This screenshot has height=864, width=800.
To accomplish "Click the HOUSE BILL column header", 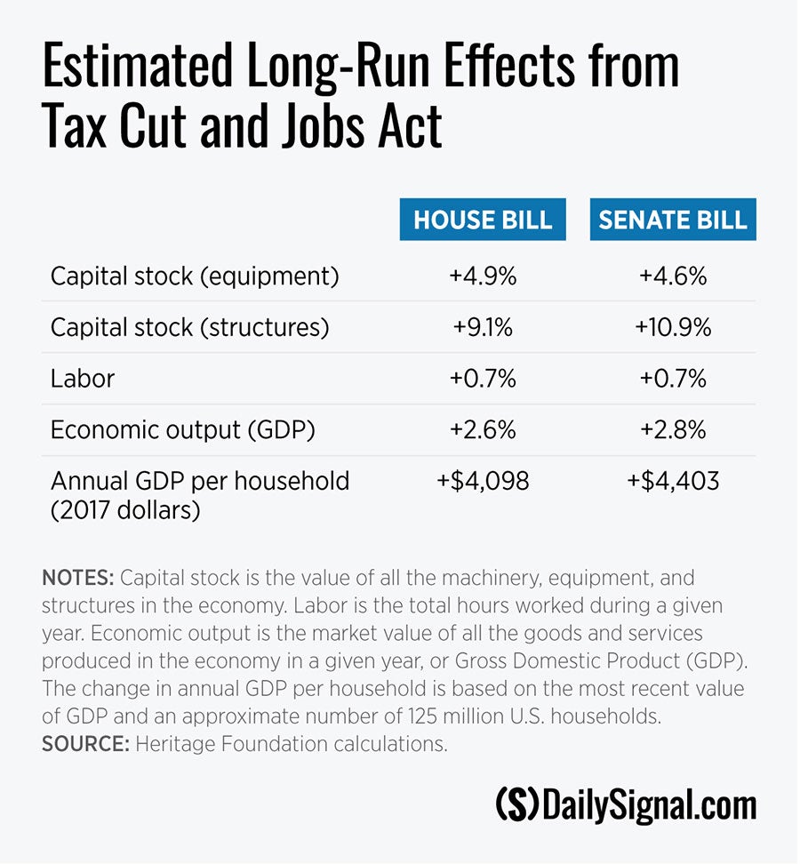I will pyautogui.click(x=483, y=220).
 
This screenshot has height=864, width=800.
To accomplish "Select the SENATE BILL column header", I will pyautogui.click(x=673, y=220).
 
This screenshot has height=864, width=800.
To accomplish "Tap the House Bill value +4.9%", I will pyautogui.click(x=483, y=276).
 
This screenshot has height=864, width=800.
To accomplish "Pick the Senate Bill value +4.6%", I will pyautogui.click(x=673, y=276).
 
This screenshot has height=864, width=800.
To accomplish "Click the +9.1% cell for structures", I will pyautogui.click(x=483, y=328).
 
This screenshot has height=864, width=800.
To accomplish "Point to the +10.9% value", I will pyautogui.click(x=673, y=328).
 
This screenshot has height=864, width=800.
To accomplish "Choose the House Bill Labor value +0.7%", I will pyautogui.click(x=483, y=380).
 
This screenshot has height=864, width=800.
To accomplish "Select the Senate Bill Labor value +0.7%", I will pyautogui.click(x=673, y=380).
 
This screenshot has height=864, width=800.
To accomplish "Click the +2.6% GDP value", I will pyautogui.click(x=483, y=430).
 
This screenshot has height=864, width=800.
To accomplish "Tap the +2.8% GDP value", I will pyautogui.click(x=673, y=430).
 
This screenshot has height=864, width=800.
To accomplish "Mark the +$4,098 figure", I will pyautogui.click(x=483, y=482).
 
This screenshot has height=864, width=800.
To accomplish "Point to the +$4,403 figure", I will pyautogui.click(x=673, y=482).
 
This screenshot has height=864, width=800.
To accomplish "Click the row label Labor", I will pyautogui.click(x=83, y=380).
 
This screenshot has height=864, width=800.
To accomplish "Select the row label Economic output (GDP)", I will pyautogui.click(x=183, y=430).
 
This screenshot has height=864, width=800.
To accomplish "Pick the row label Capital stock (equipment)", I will pyautogui.click(x=195, y=276).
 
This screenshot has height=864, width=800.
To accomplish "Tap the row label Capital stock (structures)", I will pyautogui.click(x=189, y=328).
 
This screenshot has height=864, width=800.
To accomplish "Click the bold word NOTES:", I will pyautogui.click(x=78, y=579).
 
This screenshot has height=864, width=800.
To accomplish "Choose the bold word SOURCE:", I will pyautogui.click(x=85, y=744).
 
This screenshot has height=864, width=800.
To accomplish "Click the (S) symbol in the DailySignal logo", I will pyautogui.click(x=516, y=805).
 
